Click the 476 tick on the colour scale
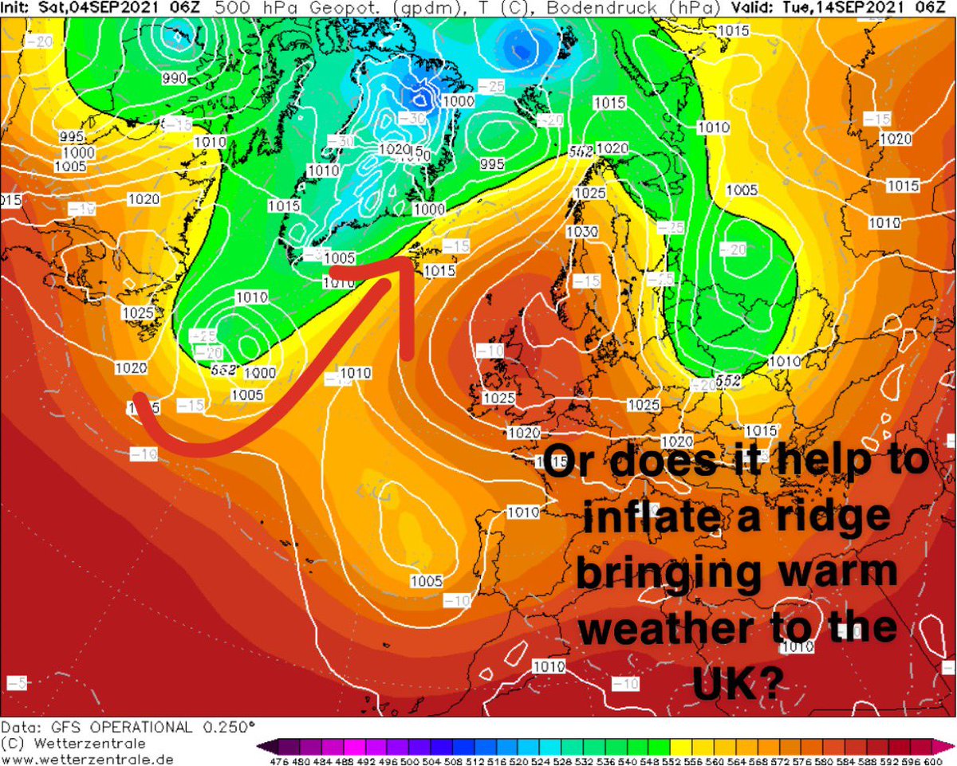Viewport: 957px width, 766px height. (x=279, y=760)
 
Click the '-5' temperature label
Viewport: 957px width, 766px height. (x=17, y=683)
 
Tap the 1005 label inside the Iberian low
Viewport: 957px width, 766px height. (x=426, y=580)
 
